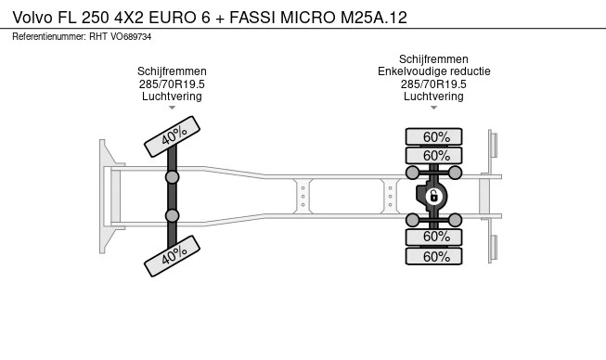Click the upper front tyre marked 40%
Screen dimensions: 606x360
(x=172, y=136)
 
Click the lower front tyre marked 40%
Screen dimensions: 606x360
(x=172, y=256)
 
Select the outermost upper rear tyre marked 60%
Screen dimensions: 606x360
(x=433, y=136)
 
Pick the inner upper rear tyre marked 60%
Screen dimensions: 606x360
(x=433, y=156)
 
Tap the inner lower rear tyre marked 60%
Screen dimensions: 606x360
(x=433, y=237)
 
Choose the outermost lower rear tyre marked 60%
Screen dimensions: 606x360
(x=433, y=256)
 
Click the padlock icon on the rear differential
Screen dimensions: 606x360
(x=433, y=196)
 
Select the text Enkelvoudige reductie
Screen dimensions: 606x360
(x=434, y=71)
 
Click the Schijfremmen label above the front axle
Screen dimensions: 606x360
(x=172, y=71)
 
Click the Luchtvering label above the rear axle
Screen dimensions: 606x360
(x=433, y=96)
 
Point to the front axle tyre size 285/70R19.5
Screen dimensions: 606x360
(x=172, y=84)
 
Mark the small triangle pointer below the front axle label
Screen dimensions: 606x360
(x=172, y=108)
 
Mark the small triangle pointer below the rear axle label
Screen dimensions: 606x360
(x=433, y=108)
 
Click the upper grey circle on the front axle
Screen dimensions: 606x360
(x=172, y=177)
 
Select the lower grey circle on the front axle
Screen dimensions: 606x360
(x=172, y=215)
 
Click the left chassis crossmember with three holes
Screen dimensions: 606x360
(x=303, y=196)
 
